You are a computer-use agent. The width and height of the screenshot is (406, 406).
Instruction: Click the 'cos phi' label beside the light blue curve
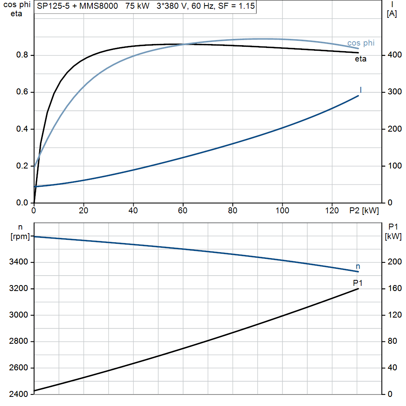pos(361,43)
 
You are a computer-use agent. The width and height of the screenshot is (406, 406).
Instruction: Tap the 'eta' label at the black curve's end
pos(360,59)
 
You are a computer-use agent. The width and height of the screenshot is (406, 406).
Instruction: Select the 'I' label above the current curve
pos(361,90)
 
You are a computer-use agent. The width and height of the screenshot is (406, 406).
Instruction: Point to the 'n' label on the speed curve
pos(358,266)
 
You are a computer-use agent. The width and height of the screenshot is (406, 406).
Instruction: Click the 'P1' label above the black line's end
pos(358,283)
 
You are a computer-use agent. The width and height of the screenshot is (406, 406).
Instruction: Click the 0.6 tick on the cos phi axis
pos(22,92)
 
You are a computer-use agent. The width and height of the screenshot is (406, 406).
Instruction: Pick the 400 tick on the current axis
pos(395,55)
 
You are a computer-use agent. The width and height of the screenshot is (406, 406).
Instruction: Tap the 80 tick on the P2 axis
pos(232,211)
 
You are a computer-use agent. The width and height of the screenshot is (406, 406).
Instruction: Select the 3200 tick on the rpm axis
pos(18,289)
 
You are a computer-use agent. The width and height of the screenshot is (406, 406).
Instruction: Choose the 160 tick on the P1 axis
pos(395,289)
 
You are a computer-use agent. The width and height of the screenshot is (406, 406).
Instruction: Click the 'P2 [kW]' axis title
pos(364,211)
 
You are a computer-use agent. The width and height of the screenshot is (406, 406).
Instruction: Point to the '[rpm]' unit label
pos(20,236)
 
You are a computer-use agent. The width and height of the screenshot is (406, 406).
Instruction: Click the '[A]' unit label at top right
pos(392,14)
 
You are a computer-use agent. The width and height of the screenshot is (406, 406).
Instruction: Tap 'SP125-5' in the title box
pos(54,6)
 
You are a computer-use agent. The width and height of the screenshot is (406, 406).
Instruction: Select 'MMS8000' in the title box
pos(99,6)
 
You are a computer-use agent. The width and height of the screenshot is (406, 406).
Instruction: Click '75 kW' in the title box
pos(137,6)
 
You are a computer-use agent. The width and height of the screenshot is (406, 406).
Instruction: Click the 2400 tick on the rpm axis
pos(18,394)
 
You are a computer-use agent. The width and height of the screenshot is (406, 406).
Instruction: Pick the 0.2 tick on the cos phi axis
pos(22,166)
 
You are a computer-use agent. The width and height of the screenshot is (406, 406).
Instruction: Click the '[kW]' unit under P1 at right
pos(393,236)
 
